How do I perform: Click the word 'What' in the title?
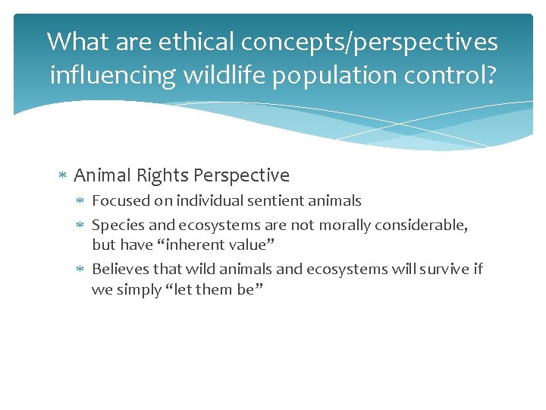tap(77, 41)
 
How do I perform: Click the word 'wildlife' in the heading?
tap(221, 74)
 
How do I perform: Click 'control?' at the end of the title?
tap(454, 74)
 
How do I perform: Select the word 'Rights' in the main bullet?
tap(162, 175)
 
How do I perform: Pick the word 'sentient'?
tap(271, 201)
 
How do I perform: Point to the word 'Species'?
tap(115, 225)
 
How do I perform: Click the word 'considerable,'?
tap(422, 225)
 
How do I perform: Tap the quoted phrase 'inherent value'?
tap(209, 245)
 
